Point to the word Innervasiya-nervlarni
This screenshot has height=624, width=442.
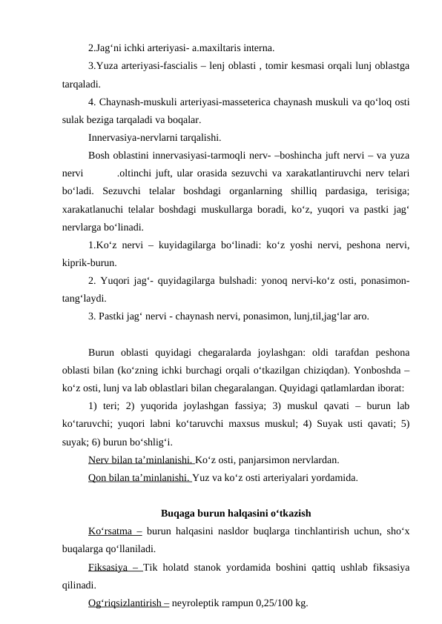[x=137, y=137]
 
